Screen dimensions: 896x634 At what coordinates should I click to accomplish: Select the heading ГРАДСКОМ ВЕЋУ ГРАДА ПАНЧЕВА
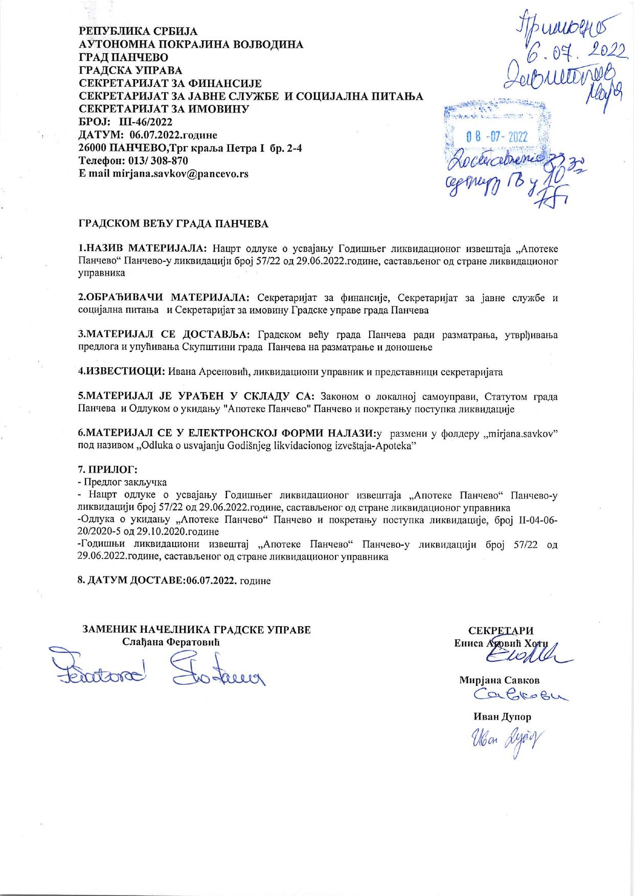(x=173, y=224)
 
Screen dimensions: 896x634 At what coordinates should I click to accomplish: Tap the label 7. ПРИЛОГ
(x=107, y=469)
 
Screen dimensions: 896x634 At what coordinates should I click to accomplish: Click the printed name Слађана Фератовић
(x=171, y=642)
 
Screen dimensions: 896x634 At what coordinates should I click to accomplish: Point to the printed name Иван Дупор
(x=503, y=717)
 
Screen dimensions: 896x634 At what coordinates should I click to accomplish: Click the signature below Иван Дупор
(x=504, y=739)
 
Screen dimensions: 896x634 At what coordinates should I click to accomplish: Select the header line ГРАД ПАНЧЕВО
(x=123, y=57)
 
